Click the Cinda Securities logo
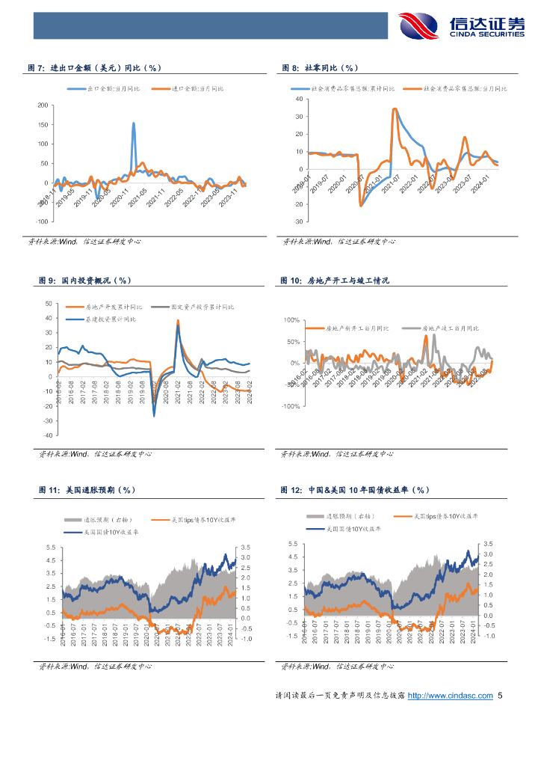463,27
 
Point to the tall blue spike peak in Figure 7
134,123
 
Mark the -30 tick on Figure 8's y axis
297,222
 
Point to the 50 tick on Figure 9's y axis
49,304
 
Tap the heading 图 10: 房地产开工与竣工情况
335,281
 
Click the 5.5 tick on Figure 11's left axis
50,548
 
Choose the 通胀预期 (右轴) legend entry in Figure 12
350,516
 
